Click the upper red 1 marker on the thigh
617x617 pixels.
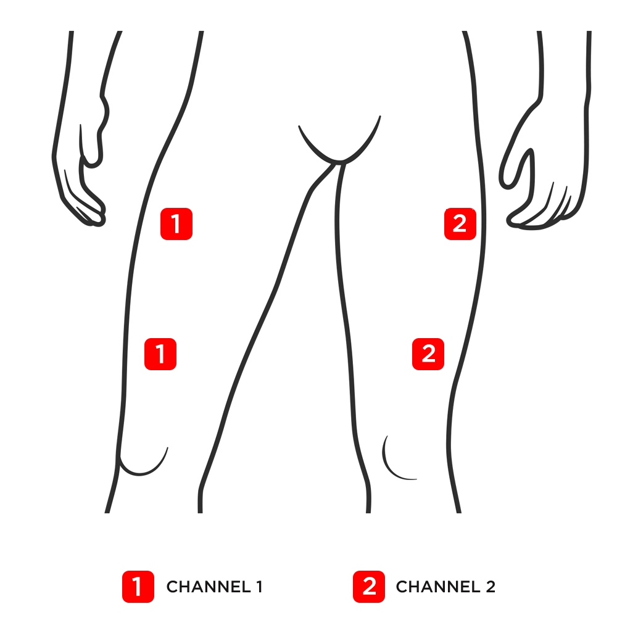pyautogui.click(x=176, y=223)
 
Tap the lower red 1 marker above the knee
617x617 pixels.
pyautogui.click(x=160, y=354)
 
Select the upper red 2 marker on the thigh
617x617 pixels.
pyautogui.click(x=460, y=223)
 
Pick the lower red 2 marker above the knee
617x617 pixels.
pyautogui.click(x=428, y=354)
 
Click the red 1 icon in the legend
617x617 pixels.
pyautogui.click(x=138, y=586)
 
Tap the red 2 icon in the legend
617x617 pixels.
pyautogui.click(x=369, y=586)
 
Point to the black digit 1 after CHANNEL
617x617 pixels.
pyautogui.click(x=259, y=587)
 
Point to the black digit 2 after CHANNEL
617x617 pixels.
pyautogui.click(x=490, y=587)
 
